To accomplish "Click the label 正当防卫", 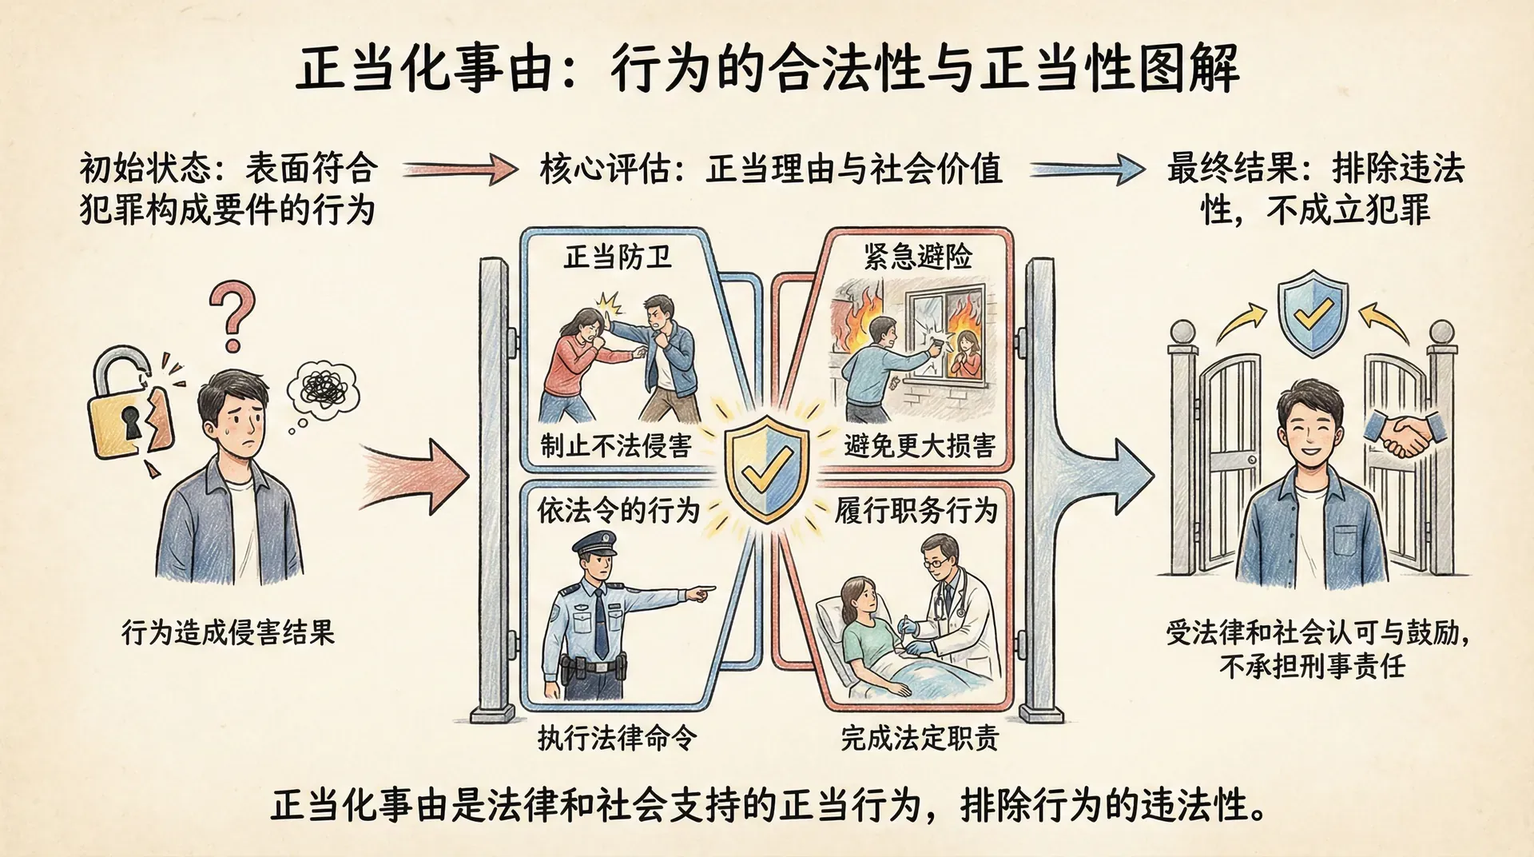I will [617, 257].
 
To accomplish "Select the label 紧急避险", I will [918, 257].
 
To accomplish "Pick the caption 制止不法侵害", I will [616, 445].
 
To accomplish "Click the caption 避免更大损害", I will [920, 445].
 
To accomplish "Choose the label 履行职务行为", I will [916, 510].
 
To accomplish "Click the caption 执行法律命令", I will [617, 737].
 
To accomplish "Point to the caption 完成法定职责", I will [920, 737].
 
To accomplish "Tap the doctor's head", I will [940, 559].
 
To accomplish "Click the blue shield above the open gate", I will [1313, 313].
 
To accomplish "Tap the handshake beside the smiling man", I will [1404, 434].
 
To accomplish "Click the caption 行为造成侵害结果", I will [228, 632].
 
